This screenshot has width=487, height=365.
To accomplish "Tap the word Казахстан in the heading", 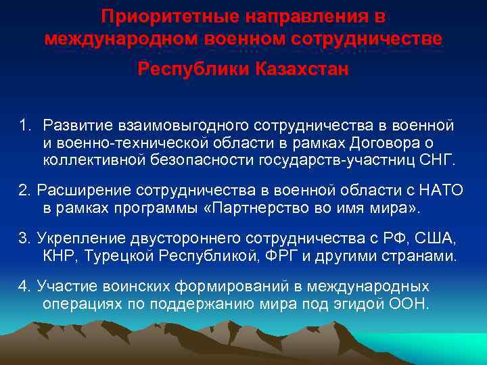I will point(302,69).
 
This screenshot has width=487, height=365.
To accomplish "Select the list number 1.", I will point(24,126).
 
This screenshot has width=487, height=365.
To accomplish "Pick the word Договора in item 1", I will point(392,143).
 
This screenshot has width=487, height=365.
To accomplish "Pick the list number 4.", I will point(24,287).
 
